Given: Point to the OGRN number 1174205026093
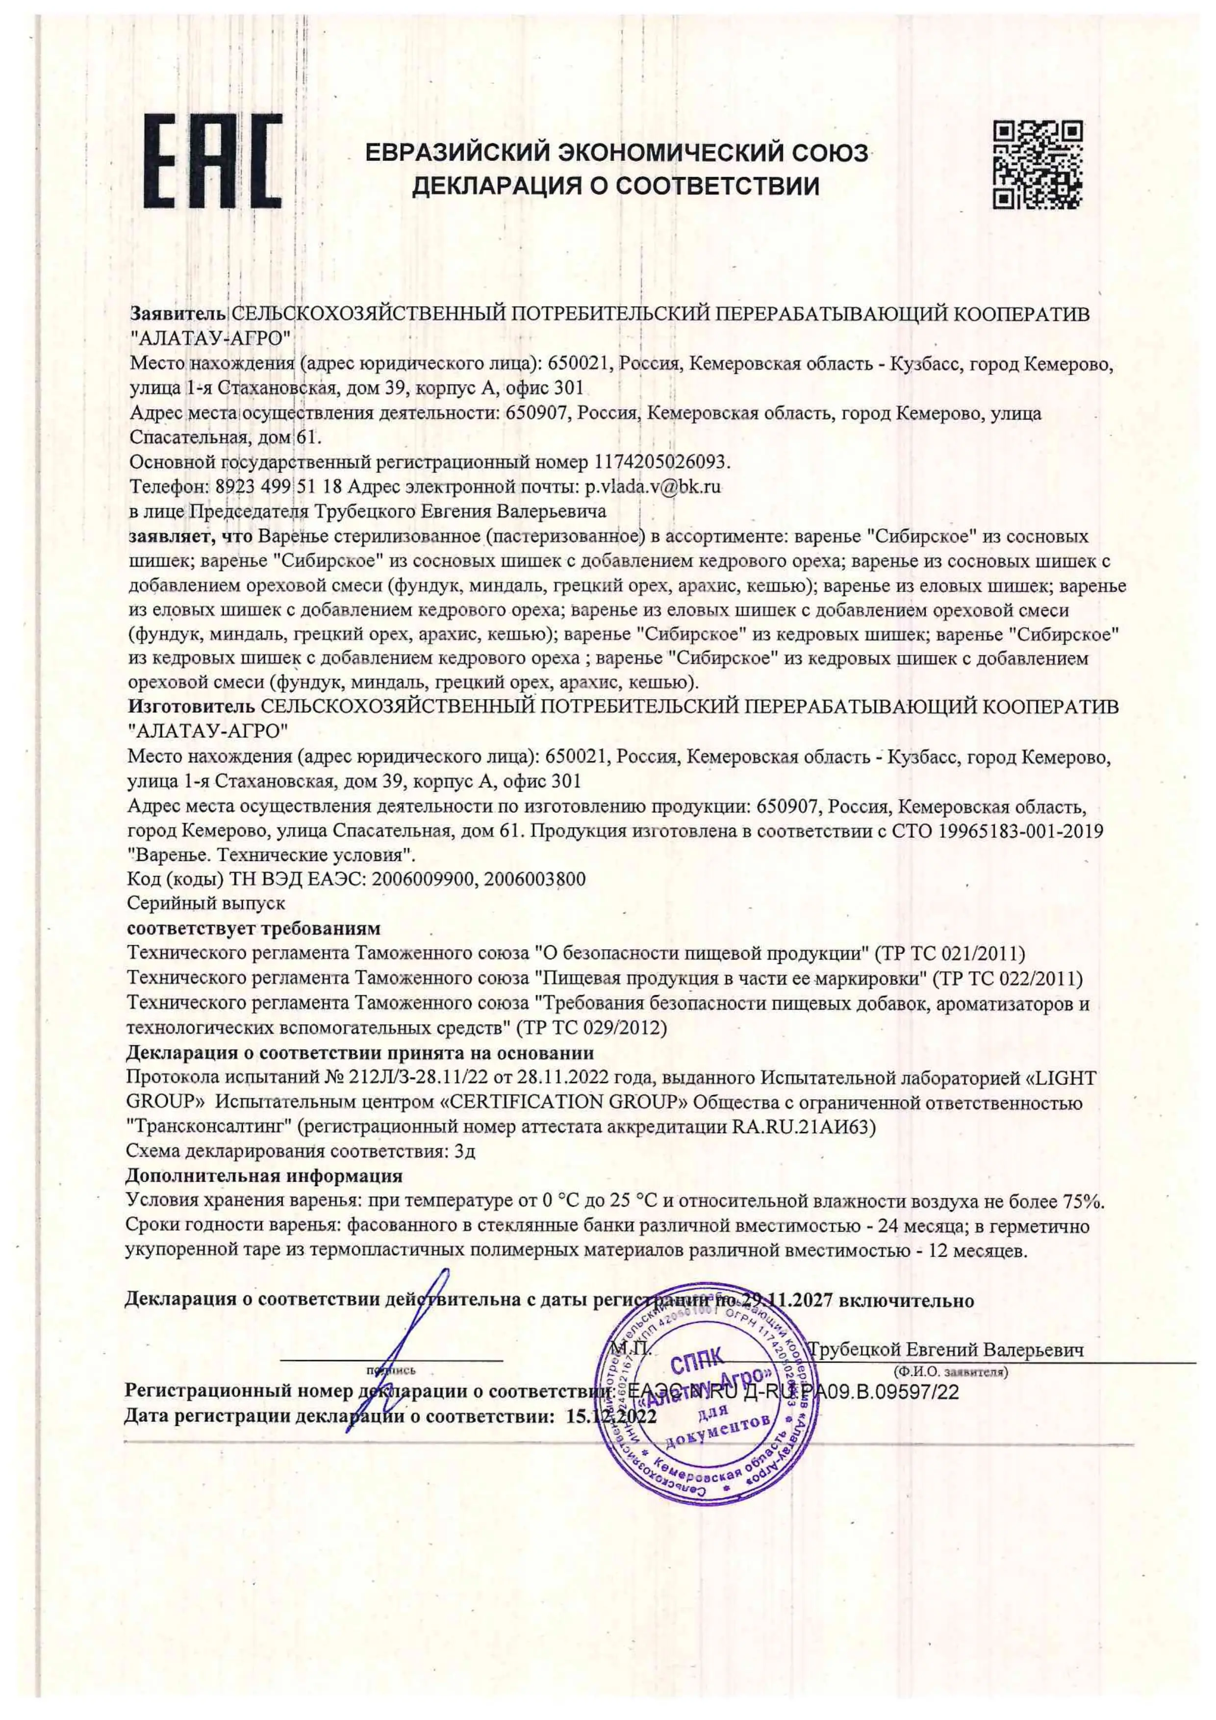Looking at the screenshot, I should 661,461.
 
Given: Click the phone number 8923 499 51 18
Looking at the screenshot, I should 279,486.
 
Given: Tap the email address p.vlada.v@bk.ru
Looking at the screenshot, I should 653,486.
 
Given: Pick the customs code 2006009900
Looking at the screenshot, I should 423,879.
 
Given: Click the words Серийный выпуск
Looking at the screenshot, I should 207,904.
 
